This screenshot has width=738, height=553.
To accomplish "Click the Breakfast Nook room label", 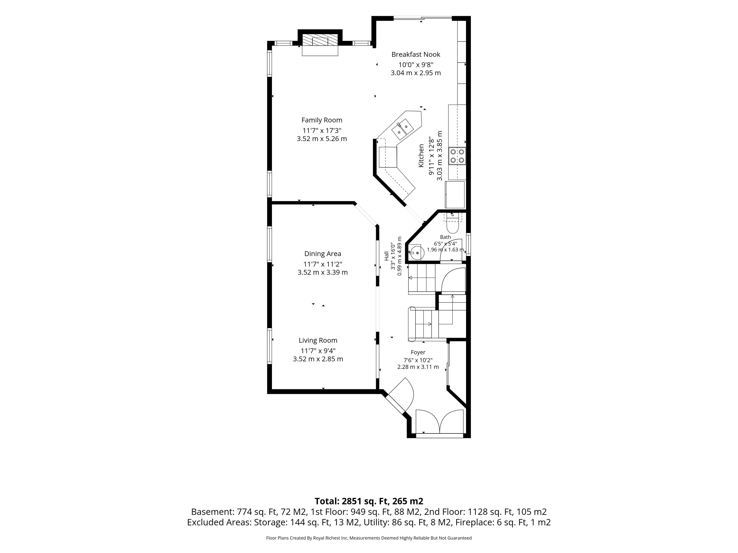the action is [416, 54].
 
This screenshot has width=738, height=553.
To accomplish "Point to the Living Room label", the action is [318, 340].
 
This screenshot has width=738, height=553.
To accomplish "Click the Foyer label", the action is [418, 352].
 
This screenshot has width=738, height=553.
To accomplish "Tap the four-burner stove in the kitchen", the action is [457, 156].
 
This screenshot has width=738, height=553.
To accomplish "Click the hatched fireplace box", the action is [320, 41].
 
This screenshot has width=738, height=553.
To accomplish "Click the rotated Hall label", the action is [386, 256].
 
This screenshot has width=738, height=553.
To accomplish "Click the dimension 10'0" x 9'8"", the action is [416, 65].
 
